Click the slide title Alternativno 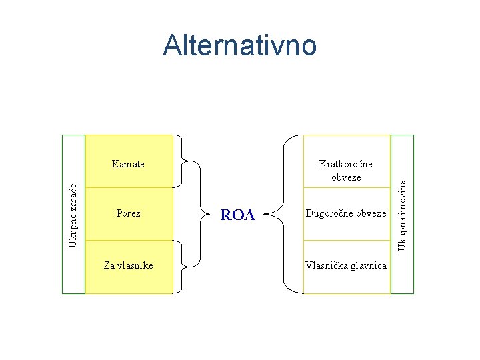[x=239, y=45]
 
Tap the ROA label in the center [x=238, y=215]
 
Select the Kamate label [x=129, y=163]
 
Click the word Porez [x=128, y=214]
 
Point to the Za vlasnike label [x=128, y=265]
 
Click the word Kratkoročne [x=346, y=163]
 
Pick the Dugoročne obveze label [x=346, y=214]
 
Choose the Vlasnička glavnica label [x=346, y=265]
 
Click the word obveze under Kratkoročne [x=346, y=177]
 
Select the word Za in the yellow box [x=109, y=265]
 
